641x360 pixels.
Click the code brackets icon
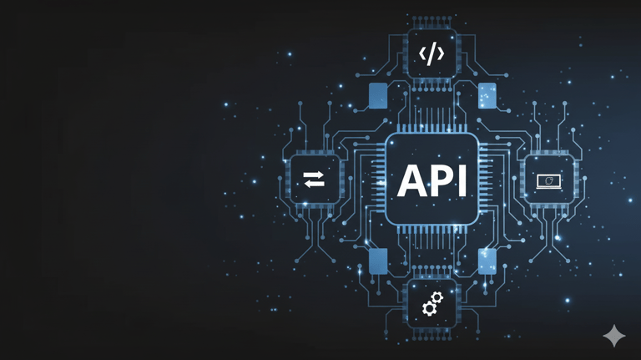click(x=432, y=54)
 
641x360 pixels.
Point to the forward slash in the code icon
click(x=432, y=54)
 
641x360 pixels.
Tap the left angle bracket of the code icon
click(x=422, y=54)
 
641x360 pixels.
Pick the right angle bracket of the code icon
click(x=441, y=54)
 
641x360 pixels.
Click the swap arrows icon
click(x=315, y=179)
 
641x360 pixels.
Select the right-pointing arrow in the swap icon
click(x=315, y=174)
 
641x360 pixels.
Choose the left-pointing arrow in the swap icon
click(x=315, y=184)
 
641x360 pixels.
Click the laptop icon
click(x=548, y=180)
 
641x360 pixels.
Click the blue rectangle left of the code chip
click(x=378, y=95)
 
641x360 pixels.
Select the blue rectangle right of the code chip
click(x=487, y=95)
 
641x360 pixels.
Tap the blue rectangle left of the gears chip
click(x=378, y=261)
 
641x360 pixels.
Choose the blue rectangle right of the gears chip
click(x=487, y=261)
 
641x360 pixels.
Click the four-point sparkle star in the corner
click(x=614, y=336)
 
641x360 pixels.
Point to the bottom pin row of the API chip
click(x=432, y=231)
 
